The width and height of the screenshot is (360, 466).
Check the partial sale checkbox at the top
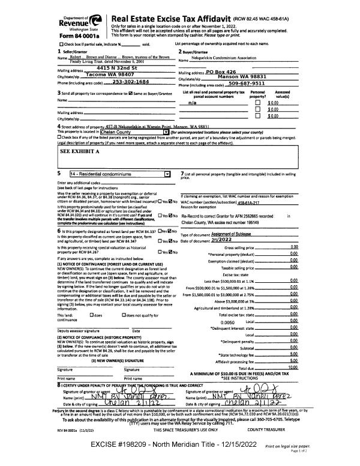click(x=62, y=45)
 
